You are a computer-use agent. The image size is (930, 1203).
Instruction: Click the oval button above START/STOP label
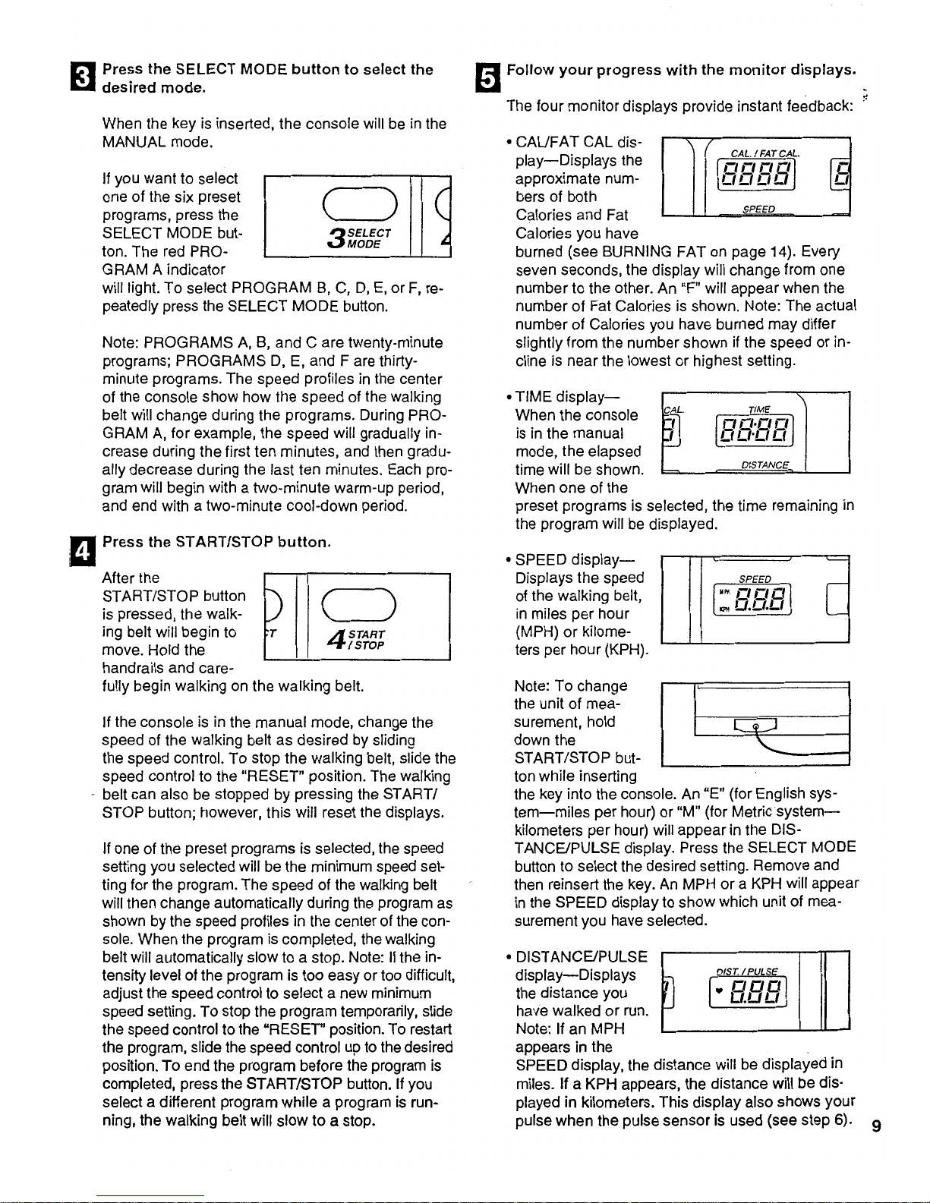click(x=355, y=606)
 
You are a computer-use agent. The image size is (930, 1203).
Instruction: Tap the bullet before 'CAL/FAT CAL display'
click(x=509, y=143)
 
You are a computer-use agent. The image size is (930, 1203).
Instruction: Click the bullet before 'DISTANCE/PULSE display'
click(x=509, y=957)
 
